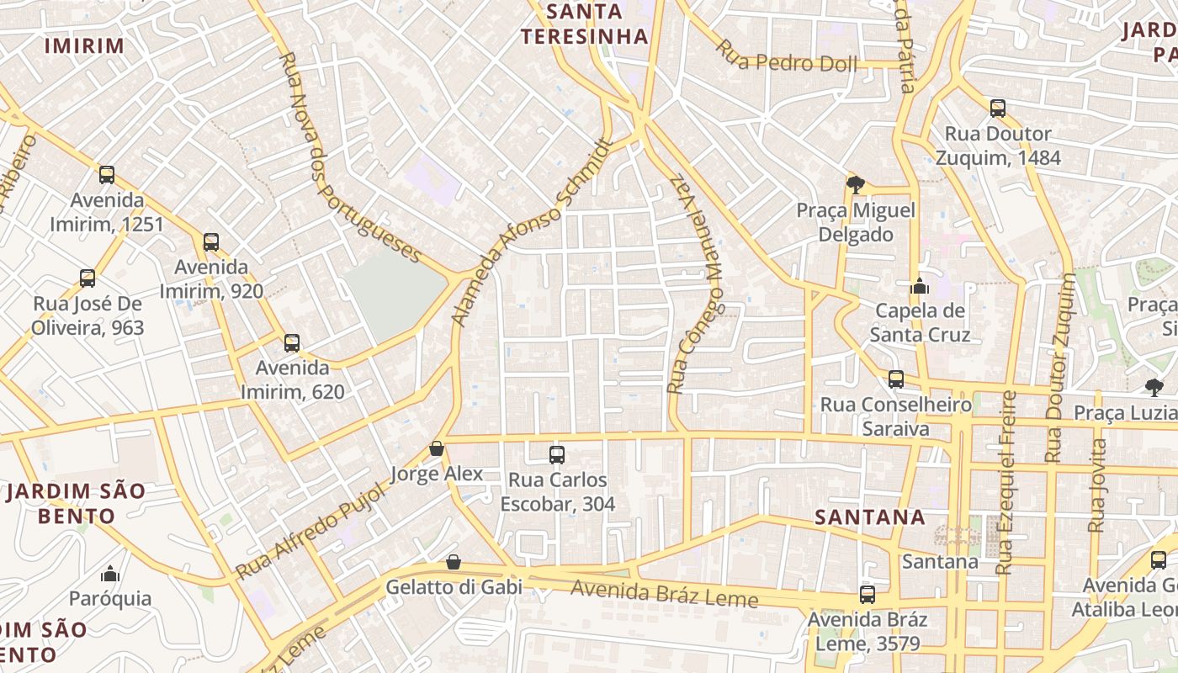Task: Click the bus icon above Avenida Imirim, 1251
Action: pos(107,175)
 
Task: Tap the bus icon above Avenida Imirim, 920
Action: pos(211,242)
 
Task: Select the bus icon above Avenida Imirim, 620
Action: pos(292,342)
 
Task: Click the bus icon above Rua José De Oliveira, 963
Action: pos(88,278)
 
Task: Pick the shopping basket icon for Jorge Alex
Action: pos(436,448)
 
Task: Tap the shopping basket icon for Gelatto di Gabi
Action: pos(454,562)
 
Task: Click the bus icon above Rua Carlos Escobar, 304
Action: pos(556,455)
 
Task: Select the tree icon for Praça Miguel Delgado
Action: pos(856,184)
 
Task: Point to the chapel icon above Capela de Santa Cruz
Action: pos(919,285)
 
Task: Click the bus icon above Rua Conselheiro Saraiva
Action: pos(896,379)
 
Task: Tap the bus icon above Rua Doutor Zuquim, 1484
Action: pos(998,108)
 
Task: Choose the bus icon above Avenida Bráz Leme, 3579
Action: pos(868,595)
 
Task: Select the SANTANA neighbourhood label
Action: pos(871,517)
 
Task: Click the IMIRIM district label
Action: pos(84,45)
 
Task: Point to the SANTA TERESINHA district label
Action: pos(585,24)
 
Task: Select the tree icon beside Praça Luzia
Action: pos(1154,387)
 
